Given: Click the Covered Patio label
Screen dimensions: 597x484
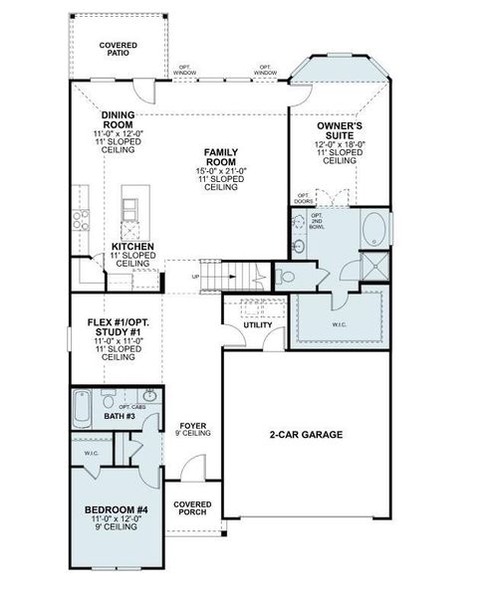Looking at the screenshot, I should click(118, 51).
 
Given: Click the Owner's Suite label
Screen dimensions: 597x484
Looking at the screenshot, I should click(340, 128).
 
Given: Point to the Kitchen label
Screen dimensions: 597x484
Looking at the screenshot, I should click(131, 246).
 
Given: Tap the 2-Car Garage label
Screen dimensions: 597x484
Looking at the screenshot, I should click(306, 435).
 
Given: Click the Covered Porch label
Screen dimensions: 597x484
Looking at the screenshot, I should click(192, 509).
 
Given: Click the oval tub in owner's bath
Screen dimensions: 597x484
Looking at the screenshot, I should click(372, 231).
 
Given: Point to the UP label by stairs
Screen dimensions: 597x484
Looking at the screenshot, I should click(195, 277).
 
